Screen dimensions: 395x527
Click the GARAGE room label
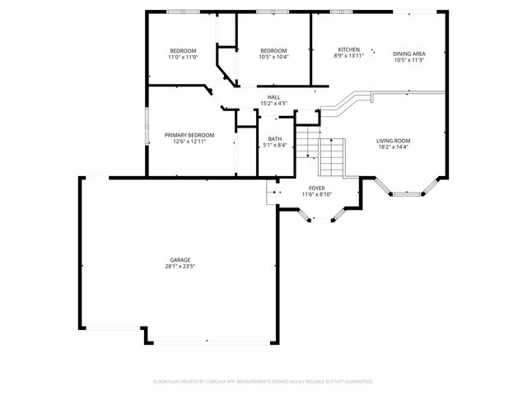(180, 260)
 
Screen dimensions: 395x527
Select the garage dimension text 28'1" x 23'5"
(180, 267)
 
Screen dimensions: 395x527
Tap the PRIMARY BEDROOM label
(189, 135)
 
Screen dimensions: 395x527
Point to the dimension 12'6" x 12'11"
(189, 142)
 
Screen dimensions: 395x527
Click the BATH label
(275, 139)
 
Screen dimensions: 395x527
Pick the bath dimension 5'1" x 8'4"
(275, 146)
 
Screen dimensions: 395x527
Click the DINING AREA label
(408, 53)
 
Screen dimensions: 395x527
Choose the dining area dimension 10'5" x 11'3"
(408, 60)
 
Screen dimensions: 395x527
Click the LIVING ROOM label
(394, 141)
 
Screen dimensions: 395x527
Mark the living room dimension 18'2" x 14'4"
(394, 147)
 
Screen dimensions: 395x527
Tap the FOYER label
(316, 188)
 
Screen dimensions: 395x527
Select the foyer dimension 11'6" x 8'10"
(316, 195)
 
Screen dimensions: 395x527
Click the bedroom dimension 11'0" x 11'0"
(182, 57)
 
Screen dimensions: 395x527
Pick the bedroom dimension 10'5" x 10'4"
(273, 57)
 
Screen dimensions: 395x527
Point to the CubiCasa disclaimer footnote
(263, 382)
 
